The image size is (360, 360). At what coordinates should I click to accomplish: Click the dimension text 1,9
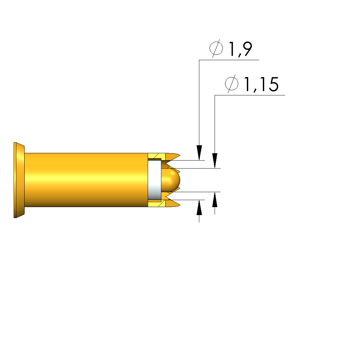coord(241,49)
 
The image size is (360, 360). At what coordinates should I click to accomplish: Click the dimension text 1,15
coord(261,84)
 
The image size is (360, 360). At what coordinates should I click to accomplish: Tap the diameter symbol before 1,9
coord(216,49)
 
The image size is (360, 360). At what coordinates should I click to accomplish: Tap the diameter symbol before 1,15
coord(232,83)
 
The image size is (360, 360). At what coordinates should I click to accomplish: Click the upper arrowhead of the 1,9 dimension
coord(199,153)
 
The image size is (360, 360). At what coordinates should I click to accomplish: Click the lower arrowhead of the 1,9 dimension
coord(199,207)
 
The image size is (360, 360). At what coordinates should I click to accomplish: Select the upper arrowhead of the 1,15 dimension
coord(215,161)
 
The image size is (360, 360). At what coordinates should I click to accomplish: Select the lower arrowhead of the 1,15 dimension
coord(215,199)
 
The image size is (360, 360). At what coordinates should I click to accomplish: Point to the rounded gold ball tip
coord(170,180)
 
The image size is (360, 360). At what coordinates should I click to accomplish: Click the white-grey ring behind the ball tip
coord(154,180)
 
